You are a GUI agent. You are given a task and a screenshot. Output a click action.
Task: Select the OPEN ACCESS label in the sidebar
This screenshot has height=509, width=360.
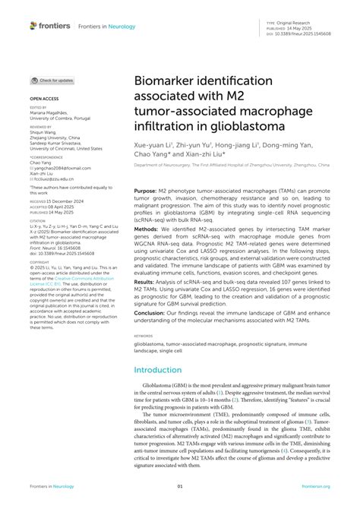(44, 100)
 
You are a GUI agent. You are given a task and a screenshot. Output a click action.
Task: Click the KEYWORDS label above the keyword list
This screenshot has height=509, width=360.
(143, 334)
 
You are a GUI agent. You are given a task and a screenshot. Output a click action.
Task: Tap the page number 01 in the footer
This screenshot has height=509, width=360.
(180, 486)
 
